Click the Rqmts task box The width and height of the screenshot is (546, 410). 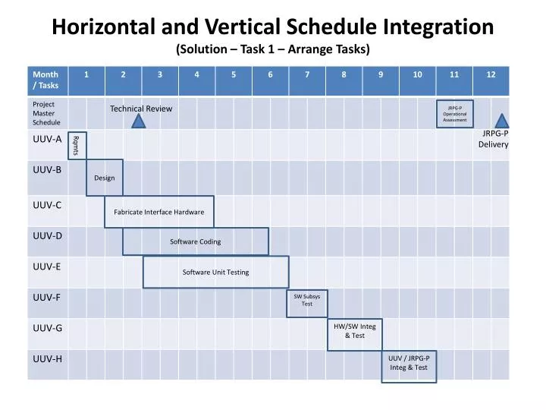[77, 144]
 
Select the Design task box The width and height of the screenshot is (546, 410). [105, 178]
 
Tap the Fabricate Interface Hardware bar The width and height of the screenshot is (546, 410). [159, 212]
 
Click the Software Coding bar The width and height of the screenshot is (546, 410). [196, 241]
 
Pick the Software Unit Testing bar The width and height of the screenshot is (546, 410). [216, 272]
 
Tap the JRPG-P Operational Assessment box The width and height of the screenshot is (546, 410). [455, 114]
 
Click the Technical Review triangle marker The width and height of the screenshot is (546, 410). [139, 121]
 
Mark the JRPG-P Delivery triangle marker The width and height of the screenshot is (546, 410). [502, 121]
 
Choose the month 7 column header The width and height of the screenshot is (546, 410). [307, 74]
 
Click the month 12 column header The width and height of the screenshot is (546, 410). [491, 74]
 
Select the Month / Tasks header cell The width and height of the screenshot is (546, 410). [47, 80]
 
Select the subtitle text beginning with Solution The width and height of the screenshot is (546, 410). [273, 50]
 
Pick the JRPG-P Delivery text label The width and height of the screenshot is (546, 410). [494, 139]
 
